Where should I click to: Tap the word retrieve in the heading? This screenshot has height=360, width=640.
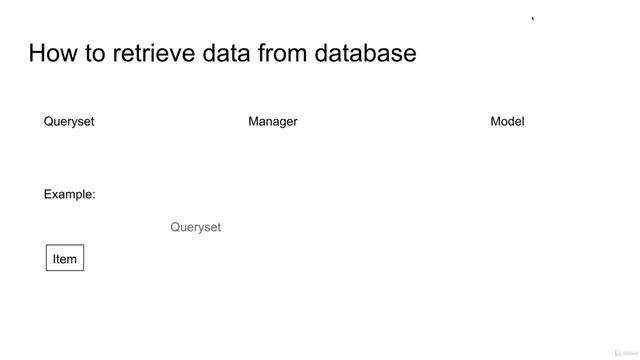click(x=139, y=53)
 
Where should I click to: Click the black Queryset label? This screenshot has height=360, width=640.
click(x=69, y=122)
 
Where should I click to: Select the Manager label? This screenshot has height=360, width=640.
click(x=273, y=122)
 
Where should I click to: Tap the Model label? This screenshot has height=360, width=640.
click(x=507, y=122)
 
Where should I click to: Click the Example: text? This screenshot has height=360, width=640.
click(x=69, y=195)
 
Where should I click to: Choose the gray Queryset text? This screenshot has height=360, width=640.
click(x=196, y=228)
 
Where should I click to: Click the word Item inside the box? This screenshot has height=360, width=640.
click(x=65, y=259)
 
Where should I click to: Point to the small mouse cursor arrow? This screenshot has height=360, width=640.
click(x=533, y=18)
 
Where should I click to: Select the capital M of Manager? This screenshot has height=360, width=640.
click(x=254, y=122)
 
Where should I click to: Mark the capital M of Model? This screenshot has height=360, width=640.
click(x=496, y=122)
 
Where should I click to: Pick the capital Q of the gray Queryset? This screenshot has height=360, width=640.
click(x=176, y=228)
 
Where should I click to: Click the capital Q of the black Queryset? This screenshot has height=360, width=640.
click(x=49, y=122)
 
